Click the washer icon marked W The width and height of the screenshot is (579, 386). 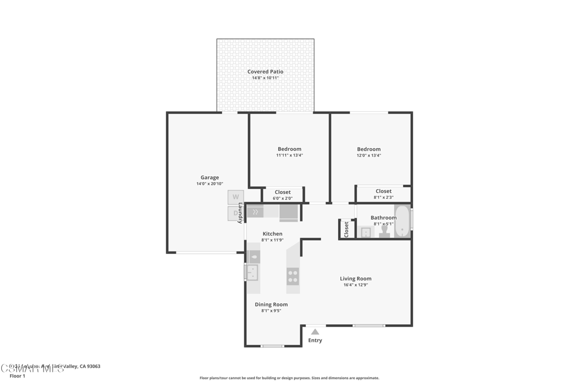pos(236,197)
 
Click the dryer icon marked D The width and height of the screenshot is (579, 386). pos(235,213)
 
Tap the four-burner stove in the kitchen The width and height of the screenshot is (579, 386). pos(293,276)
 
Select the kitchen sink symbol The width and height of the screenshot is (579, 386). pos(252,272)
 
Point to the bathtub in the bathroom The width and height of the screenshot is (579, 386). pos(402,222)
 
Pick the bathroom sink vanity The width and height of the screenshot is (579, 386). pos(366,232)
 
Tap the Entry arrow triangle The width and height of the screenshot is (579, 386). pos(315,332)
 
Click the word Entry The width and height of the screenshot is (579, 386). pos(315,340)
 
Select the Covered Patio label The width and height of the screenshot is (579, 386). pos(265,72)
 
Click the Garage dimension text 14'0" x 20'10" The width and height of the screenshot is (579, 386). pos(210,184)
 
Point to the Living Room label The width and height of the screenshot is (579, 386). pos(356,279)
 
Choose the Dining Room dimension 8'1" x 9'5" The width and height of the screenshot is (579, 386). pos(271,311)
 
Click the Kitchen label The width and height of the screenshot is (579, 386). pos(272,234)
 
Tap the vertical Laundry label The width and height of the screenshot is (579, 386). pos(240,212)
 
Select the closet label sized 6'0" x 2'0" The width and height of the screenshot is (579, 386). pos(283,198)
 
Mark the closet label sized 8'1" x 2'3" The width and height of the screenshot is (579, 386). pos(383,197)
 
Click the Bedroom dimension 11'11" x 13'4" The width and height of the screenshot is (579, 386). pos(289,155)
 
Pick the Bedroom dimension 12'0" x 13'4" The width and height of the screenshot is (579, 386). pos(369,155)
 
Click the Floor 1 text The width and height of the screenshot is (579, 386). pos(18,376)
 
